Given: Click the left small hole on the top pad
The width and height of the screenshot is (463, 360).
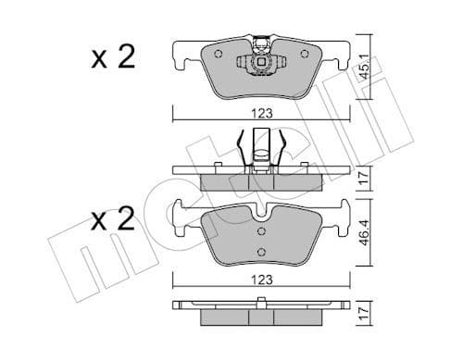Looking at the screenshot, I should click(218, 53).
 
